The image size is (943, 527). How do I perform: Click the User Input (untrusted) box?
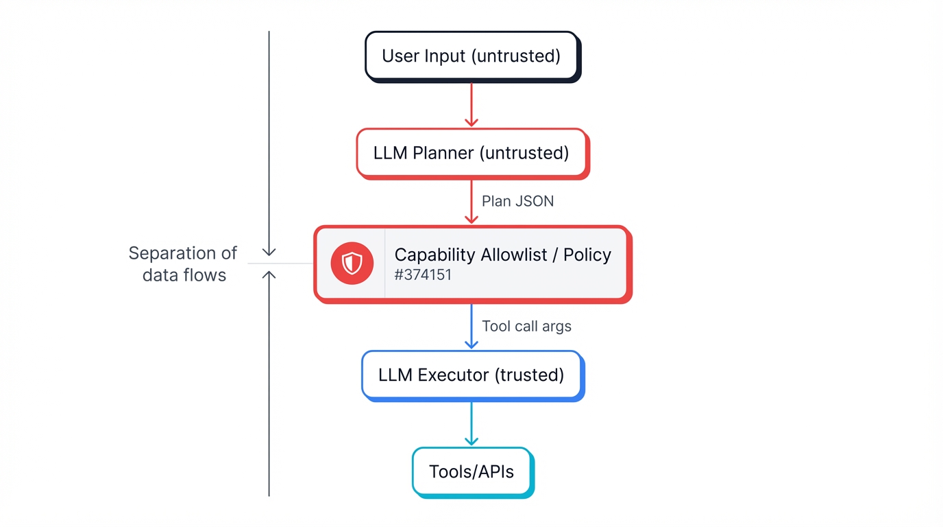coord(472,56)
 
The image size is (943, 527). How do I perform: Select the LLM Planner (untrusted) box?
coord(472,153)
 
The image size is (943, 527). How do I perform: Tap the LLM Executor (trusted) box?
coord(472,375)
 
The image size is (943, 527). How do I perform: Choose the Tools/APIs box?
coord(472,472)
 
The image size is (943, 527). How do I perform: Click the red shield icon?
coord(352,263)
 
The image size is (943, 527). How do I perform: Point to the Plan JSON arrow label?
coord(517,201)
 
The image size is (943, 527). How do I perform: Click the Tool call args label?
coord(526,326)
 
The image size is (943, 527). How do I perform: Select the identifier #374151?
coord(423,275)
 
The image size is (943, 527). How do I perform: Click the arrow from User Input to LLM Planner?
coord(472,105)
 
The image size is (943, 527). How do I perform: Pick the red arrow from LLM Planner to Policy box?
coord(472,202)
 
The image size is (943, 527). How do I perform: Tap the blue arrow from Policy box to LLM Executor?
coord(472,327)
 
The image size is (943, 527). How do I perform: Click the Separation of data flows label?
coord(184,264)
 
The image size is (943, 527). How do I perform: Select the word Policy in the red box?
coord(587,255)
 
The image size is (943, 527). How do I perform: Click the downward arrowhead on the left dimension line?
coord(269,252)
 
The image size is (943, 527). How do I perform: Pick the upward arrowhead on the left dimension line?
coord(269,275)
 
